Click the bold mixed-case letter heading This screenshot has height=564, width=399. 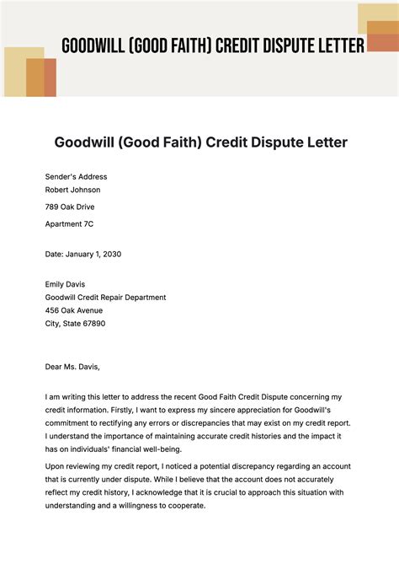pyautogui.click(x=201, y=142)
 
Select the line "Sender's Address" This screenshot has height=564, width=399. pyautogui.click(x=77, y=177)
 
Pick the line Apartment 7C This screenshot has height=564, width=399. pyautogui.click(x=70, y=223)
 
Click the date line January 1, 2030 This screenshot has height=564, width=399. pyautogui.click(x=83, y=254)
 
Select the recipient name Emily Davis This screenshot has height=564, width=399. pyautogui.click(x=66, y=284)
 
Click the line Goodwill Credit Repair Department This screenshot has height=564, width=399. pyautogui.click(x=106, y=297)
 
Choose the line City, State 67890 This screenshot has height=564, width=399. pyautogui.click(x=76, y=323)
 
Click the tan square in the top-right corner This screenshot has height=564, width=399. pyautogui.click(x=376, y=19)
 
